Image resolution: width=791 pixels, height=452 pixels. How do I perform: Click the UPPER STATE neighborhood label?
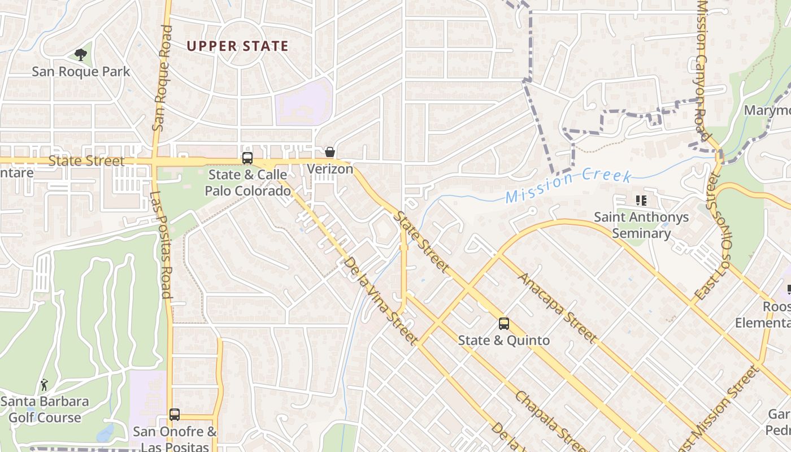tap(237, 46)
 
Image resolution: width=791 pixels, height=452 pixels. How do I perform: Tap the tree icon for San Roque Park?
tap(81, 55)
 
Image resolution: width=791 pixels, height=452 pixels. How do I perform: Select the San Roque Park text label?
tap(81, 72)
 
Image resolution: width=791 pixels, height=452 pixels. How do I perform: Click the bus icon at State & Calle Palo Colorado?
tap(247, 158)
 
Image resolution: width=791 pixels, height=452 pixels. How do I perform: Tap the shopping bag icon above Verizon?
tap(330, 152)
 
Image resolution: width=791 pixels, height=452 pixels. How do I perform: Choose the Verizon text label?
tap(330, 169)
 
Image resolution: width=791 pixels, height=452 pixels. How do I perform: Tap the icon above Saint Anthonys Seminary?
tap(641, 200)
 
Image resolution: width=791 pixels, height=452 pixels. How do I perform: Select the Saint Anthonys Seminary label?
tap(641, 225)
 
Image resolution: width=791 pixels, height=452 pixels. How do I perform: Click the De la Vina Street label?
tap(380, 301)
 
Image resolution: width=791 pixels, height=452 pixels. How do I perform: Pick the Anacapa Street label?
tap(557, 307)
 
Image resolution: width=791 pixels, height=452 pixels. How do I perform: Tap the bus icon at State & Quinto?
tap(503, 324)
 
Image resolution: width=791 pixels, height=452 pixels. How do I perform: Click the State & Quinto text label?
tap(503, 340)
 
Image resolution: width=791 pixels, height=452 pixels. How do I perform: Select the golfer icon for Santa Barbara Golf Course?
tap(44, 385)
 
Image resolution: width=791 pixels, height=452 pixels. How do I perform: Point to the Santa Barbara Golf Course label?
tap(45, 410)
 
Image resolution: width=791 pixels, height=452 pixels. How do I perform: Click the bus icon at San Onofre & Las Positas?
tap(175, 415)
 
